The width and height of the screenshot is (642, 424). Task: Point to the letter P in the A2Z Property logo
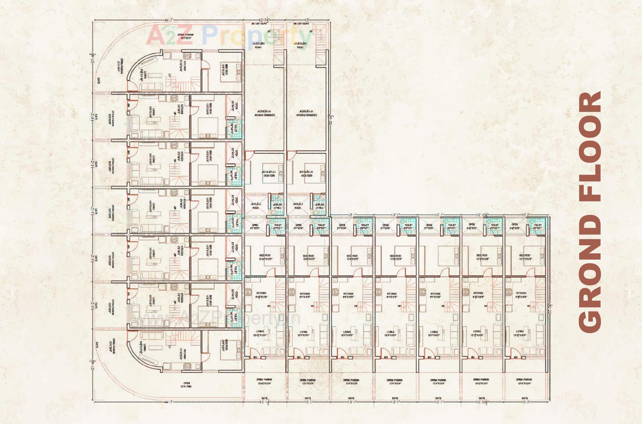pyautogui.click(x=210, y=35)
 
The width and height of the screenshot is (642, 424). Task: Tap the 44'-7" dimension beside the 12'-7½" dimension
pyautogui.click(x=169, y=20)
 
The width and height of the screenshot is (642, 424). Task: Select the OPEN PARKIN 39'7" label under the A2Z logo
pyautogui.click(x=185, y=36)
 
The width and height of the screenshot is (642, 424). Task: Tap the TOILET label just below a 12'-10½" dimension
pyautogui.click(x=495, y=226)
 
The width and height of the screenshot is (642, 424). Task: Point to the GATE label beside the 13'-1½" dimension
pyautogui.click(x=264, y=398)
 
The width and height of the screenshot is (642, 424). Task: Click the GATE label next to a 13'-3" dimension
pyautogui.click(x=525, y=398)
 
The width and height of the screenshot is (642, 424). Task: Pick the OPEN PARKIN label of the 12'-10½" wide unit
pyautogui.click(x=481, y=381)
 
